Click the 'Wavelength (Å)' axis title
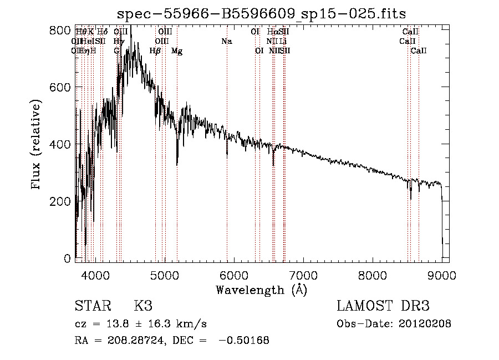262,289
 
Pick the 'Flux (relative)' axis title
37,145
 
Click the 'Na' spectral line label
226,41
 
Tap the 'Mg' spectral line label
177,51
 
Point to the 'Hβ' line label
155,51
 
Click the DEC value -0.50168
244,341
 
